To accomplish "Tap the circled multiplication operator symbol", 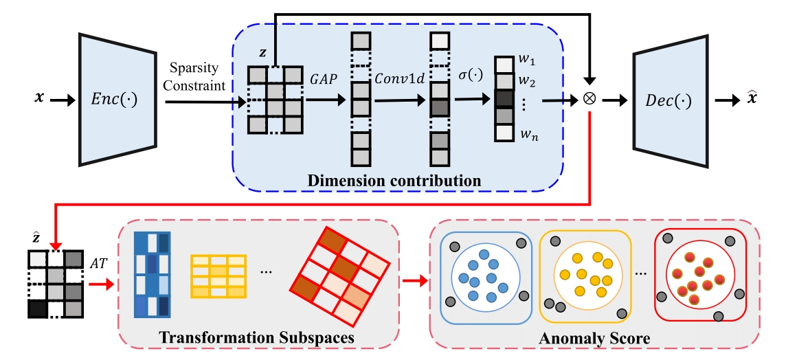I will coord(589,100).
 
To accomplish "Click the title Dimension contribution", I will coord(396,181).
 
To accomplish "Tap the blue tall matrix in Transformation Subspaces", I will coord(152,275).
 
